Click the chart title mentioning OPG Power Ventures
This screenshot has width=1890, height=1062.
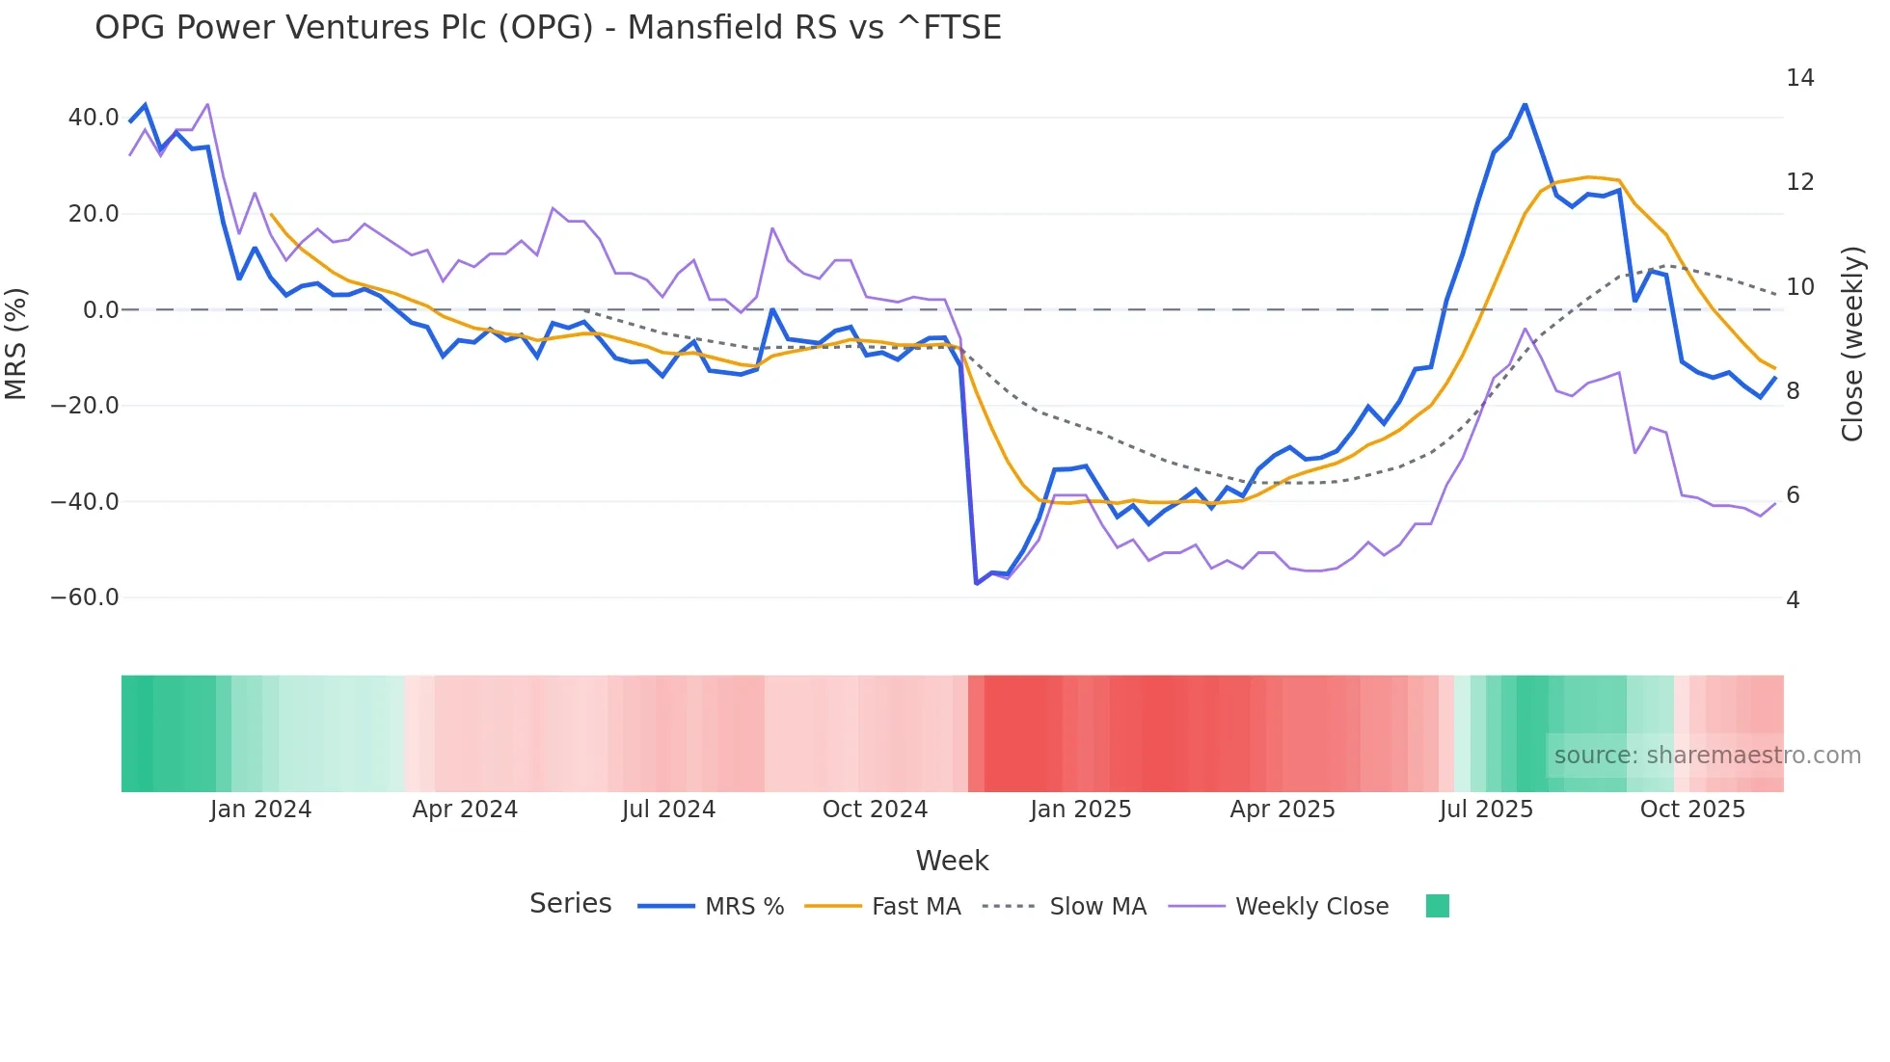coord(548,28)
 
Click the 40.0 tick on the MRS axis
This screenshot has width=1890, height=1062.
coord(94,118)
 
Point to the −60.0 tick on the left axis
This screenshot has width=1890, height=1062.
coord(86,597)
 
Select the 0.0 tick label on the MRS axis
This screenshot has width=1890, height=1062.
coord(100,310)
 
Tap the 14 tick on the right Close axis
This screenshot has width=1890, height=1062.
coord(1799,78)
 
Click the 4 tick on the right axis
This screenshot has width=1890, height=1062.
coord(1793,600)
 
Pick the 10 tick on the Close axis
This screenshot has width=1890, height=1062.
coord(1799,287)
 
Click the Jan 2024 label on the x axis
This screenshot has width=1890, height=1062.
coord(260,810)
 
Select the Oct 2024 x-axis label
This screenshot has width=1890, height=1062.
coord(875,810)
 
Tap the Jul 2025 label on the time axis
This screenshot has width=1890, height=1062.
coord(1486,810)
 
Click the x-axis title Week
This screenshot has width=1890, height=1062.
coord(952,861)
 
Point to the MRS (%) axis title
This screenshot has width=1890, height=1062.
coord(16,343)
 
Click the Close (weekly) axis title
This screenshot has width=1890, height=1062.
coord(1851,344)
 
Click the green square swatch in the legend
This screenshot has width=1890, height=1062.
coord(1437,906)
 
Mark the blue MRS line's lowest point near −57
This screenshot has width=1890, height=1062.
coord(976,583)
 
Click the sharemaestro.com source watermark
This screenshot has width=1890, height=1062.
coord(1707,756)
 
